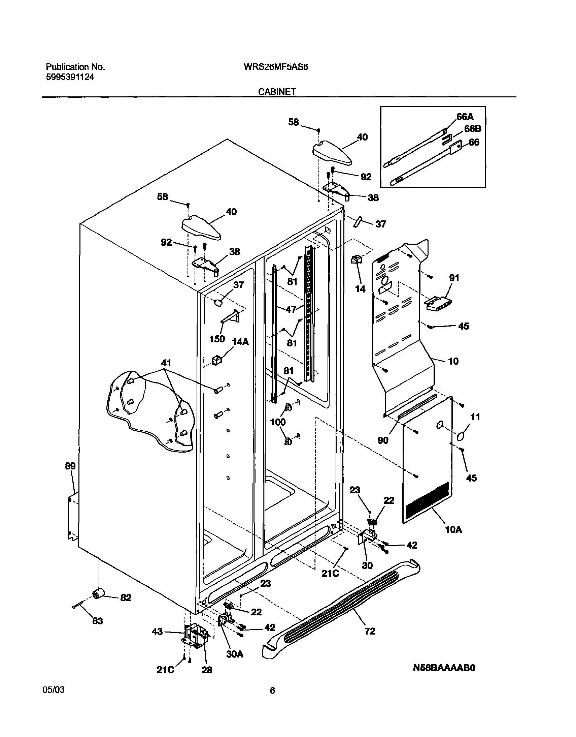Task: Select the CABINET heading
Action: pyautogui.click(x=277, y=91)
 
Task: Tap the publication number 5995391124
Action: pyautogui.click(x=70, y=77)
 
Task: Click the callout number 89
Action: pyautogui.click(x=70, y=466)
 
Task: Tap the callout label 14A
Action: pyautogui.click(x=240, y=342)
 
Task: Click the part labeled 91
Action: pyautogui.click(x=439, y=303)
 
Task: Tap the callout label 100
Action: pyautogui.click(x=278, y=422)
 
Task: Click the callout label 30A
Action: pyautogui.click(x=235, y=654)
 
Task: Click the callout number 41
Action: pyautogui.click(x=166, y=363)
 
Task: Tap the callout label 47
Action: pyautogui.click(x=291, y=309)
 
